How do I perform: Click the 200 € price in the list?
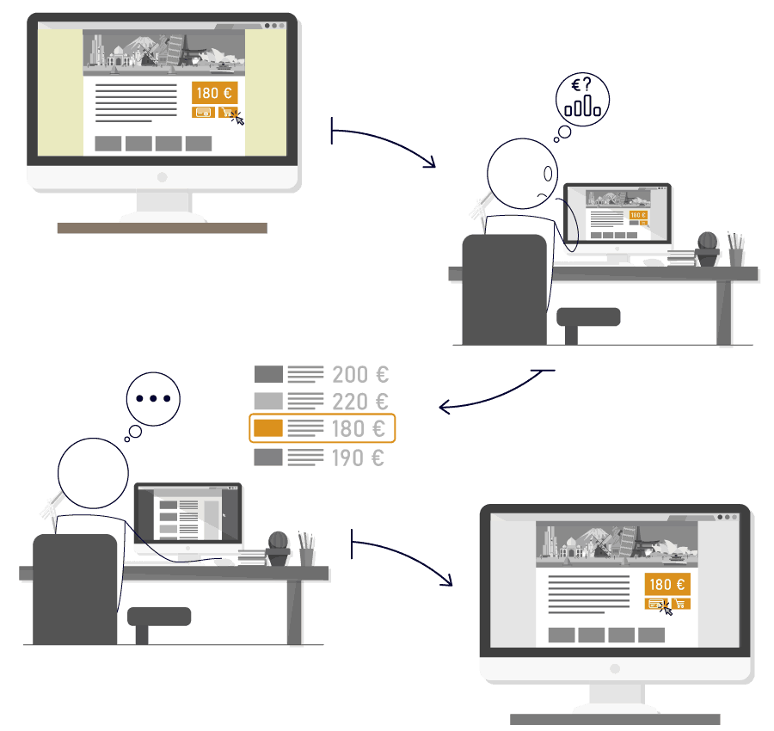pyautogui.click(x=360, y=375)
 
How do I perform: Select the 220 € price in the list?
pyautogui.click(x=360, y=402)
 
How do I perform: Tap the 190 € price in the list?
pyautogui.click(x=358, y=458)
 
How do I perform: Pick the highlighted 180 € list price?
pyautogui.click(x=359, y=428)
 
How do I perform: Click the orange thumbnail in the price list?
pyautogui.click(x=268, y=428)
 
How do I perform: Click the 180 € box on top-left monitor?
pyautogui.click(x=214, y=93)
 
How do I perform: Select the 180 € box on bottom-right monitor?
pyautogui.click(x=667, y=585)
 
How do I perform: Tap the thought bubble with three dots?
pyautogui.click(x=153, y=399)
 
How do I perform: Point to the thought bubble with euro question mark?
pyautogui.click(x=582, y=99)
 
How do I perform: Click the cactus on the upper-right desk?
pyautogui.click(x=708, y=249)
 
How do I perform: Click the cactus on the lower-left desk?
pyautogui.click(x=278, y=549)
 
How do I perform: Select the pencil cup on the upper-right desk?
pyautogui.click(x=735, y=249)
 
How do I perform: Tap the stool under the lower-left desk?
pyautogui.click(x=159, y=623)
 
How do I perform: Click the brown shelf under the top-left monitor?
pyautogui.click(x=163, y=228)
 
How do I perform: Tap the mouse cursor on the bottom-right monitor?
pyautogui.click(x=666, y=609)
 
